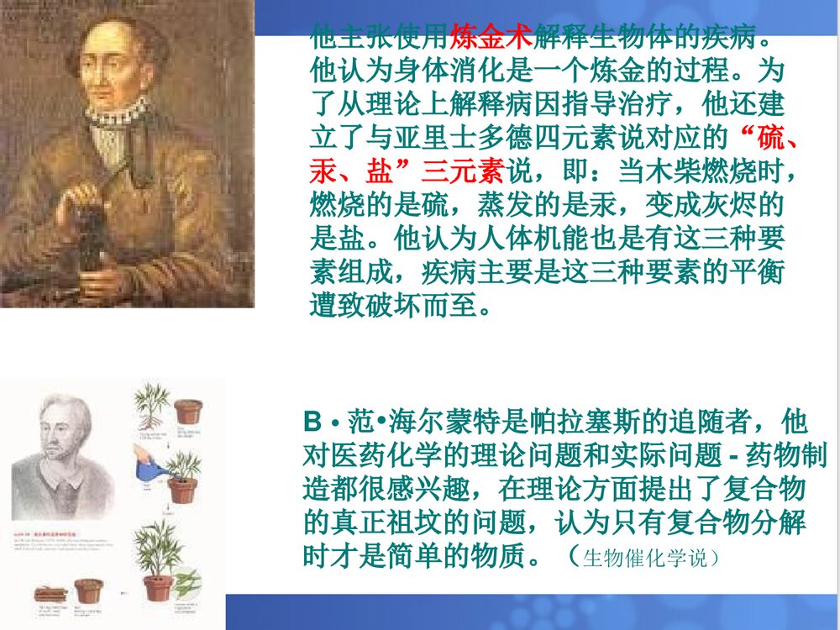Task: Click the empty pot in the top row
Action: coord(187,412)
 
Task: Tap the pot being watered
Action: coord(182,489)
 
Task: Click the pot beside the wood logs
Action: coord(88,591)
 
